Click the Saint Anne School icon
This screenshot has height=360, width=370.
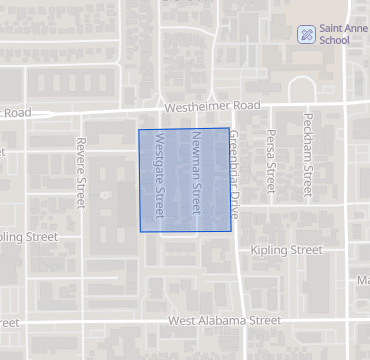(305, 34)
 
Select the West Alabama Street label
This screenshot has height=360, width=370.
(225, 321)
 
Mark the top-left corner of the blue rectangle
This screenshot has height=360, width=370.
(138, 129)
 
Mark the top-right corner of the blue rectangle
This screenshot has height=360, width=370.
(231, 129)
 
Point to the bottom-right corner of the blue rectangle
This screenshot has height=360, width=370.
(231, 232)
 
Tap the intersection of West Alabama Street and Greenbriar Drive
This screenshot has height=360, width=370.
(240, 322)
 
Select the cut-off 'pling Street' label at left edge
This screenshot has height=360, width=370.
(28, 237)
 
